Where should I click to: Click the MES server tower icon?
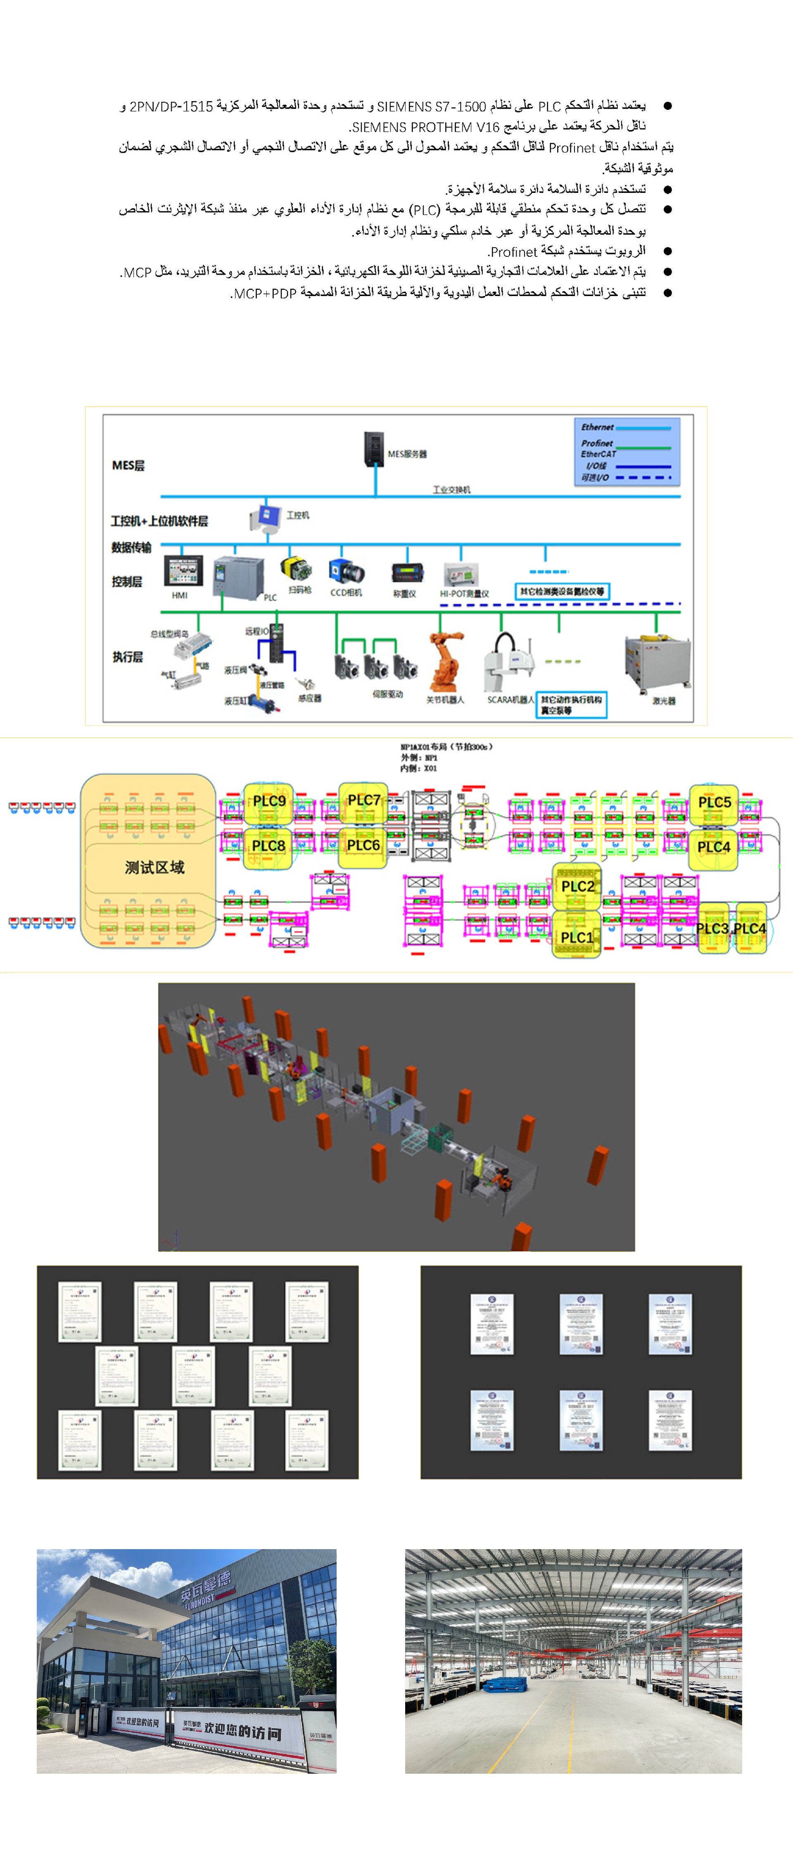point(373,449)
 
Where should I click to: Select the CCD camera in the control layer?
point(346,572)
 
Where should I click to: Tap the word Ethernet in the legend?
point(597,427)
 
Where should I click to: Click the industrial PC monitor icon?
point(266,517)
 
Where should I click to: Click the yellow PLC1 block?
point(577,937)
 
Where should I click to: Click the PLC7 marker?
point(363,800)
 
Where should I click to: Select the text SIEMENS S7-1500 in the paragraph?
point(431,107)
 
